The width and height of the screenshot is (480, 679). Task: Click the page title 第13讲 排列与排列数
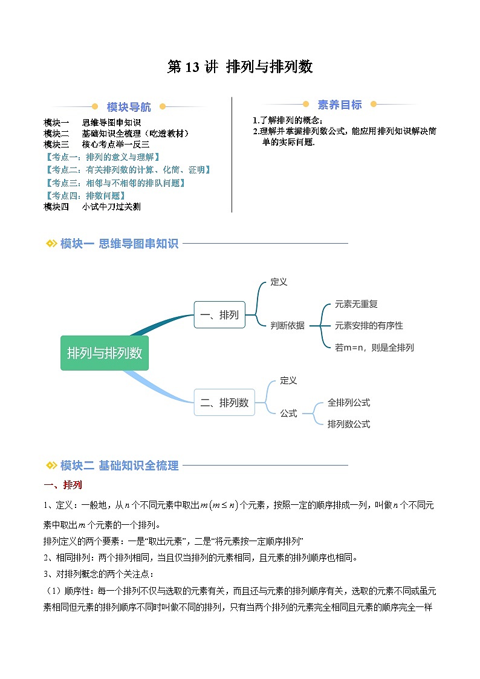(240, 67)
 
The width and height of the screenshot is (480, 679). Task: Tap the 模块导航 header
(129, 107)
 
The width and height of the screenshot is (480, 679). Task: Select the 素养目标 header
(339, 105)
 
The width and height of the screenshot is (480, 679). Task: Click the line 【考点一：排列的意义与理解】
(102, 157)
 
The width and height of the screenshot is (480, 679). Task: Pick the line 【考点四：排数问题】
(85, 195)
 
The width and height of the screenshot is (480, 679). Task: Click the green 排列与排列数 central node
(105, 353)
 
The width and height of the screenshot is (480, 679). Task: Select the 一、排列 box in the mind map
(219, 314)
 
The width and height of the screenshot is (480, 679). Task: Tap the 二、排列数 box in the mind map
(224, 403)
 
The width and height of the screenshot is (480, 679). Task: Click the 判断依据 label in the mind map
(288, 325)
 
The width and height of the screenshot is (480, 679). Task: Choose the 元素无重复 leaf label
(356, 304)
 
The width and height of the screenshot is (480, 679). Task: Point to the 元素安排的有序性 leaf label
(369, 325)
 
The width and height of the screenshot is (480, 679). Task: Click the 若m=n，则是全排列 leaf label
(374, 348)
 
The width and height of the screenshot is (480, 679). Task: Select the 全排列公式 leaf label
(349, 402)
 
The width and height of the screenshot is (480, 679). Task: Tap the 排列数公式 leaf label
(349, 424)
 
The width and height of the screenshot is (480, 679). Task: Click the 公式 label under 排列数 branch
(288, 414)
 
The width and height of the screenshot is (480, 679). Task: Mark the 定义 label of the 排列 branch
(279, 282)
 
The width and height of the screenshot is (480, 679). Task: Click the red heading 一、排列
(63, 485)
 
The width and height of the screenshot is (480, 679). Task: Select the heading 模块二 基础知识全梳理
(119, 465)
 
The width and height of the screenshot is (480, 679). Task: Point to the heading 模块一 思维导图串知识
(119, 244)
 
